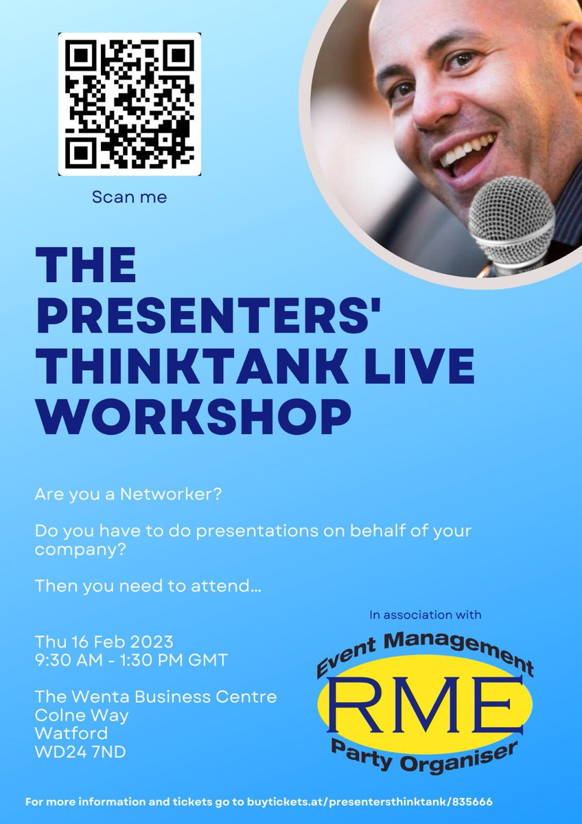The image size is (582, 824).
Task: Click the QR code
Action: click(129, 104)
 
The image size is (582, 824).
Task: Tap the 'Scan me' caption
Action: click(130, 197)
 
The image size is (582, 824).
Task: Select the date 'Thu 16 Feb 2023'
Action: click(104, 643)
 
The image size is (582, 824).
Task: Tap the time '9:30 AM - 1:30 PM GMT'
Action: click(131, 661)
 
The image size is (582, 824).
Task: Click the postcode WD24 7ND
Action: click(80, 752)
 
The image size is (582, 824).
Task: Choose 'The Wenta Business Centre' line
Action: click(156, 697)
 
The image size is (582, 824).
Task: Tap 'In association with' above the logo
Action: click(425, 615)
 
